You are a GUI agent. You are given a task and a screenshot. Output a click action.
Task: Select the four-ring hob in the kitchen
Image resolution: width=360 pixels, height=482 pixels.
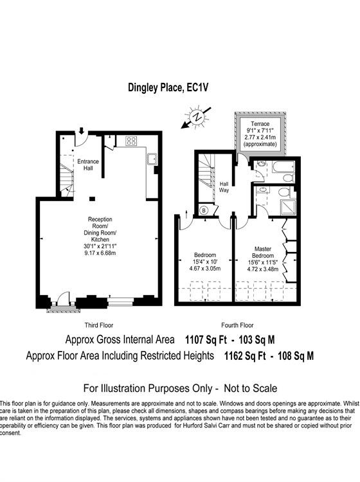pos(131,141)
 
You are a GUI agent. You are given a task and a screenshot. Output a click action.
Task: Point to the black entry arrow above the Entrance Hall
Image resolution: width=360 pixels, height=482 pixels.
pos(82,134)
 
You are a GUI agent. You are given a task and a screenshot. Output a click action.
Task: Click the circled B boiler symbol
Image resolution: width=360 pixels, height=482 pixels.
pos(204,210)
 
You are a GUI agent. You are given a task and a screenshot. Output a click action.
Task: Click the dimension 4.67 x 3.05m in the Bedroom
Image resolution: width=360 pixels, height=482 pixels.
pos(205,268)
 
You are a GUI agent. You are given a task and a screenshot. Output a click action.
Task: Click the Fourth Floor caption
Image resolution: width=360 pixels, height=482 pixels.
pos(237,325)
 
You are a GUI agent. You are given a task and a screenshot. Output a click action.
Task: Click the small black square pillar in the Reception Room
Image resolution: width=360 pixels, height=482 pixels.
pos(93,198)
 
